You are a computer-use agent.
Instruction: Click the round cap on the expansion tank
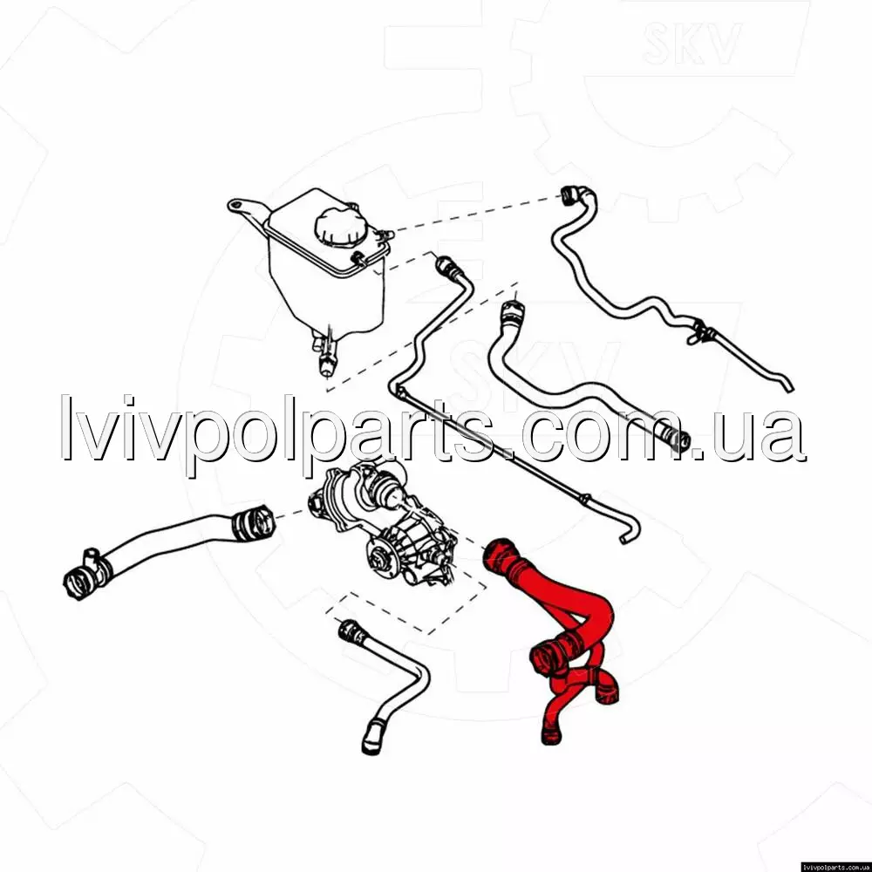pyautogui.click(x=341, y=227)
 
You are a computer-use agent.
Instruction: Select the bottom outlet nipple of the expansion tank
pyautogui.click(x=324, y=356)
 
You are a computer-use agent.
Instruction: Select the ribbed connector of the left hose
pyautogui.click(x=253, y=522)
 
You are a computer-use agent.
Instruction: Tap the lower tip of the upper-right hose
pyautogui.click(x=787, y=385)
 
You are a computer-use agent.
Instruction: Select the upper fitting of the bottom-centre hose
pyautogui.click(x=352, y=632)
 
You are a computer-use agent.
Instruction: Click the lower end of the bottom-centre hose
pyautogui.click(x=373, y=738)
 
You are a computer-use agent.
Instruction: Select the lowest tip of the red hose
pyautogui.click(x=550, y=738)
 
